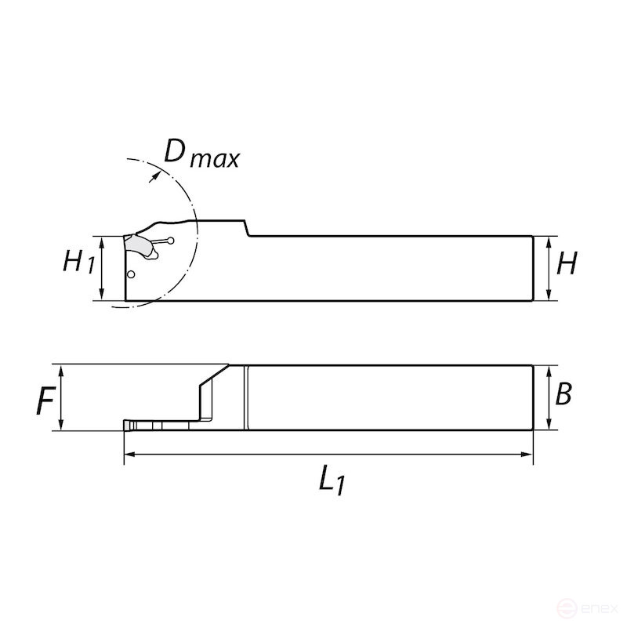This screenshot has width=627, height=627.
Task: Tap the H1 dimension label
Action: point(79,262)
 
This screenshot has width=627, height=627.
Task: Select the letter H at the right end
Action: point(566,264)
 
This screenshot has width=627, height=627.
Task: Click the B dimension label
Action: point(563,394)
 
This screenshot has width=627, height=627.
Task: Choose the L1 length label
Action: point(332,480)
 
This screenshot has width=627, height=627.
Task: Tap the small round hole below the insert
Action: point(131,274)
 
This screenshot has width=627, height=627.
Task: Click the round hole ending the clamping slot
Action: point(171,240)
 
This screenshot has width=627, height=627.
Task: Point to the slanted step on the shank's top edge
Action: point(247,228)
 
